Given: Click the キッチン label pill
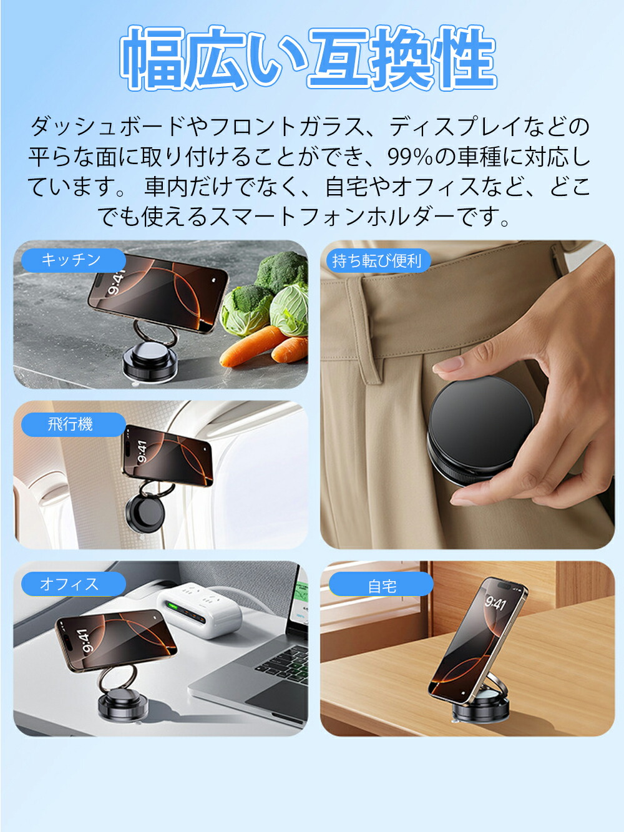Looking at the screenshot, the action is (x=73, y=260).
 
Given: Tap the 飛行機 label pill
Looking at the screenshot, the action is (x=73, y=424).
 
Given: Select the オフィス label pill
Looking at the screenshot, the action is (x=73, y=584).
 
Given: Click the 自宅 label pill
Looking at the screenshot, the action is (x=381, y=587).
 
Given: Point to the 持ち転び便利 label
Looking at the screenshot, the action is (x=378, y=261).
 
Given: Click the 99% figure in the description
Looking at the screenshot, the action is (x=410, y=157).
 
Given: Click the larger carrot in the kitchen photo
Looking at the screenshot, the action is (x=253, y=346).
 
